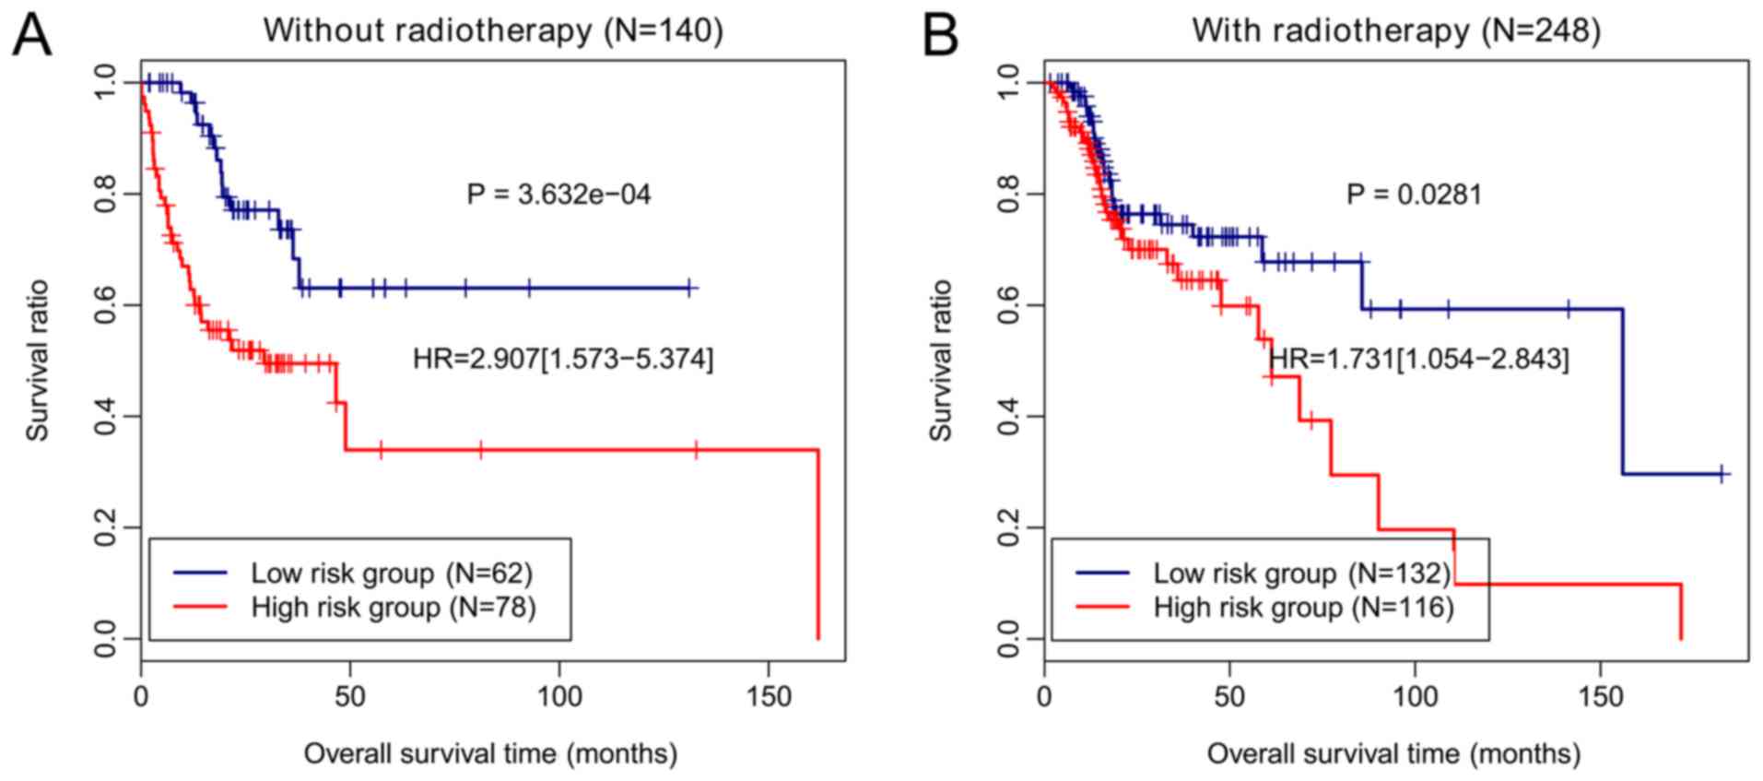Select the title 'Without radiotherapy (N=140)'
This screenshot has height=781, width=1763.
493,30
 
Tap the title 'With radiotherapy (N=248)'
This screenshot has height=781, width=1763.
1395,30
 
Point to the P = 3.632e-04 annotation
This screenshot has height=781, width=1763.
558,195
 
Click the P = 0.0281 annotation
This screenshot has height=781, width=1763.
1414,195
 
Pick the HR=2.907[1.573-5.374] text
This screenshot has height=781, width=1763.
562,358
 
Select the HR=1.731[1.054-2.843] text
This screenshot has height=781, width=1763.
1418,358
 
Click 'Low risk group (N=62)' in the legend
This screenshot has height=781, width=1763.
391,573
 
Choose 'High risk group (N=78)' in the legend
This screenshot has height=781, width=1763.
393,607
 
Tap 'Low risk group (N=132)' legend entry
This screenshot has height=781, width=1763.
1301,573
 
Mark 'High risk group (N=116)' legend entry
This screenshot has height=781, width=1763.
1303,607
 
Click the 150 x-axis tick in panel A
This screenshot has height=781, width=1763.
769,696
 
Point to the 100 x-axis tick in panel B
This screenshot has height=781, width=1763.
1415,696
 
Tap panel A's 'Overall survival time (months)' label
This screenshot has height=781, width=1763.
490,753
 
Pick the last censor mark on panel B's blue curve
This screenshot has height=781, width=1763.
1722,474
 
